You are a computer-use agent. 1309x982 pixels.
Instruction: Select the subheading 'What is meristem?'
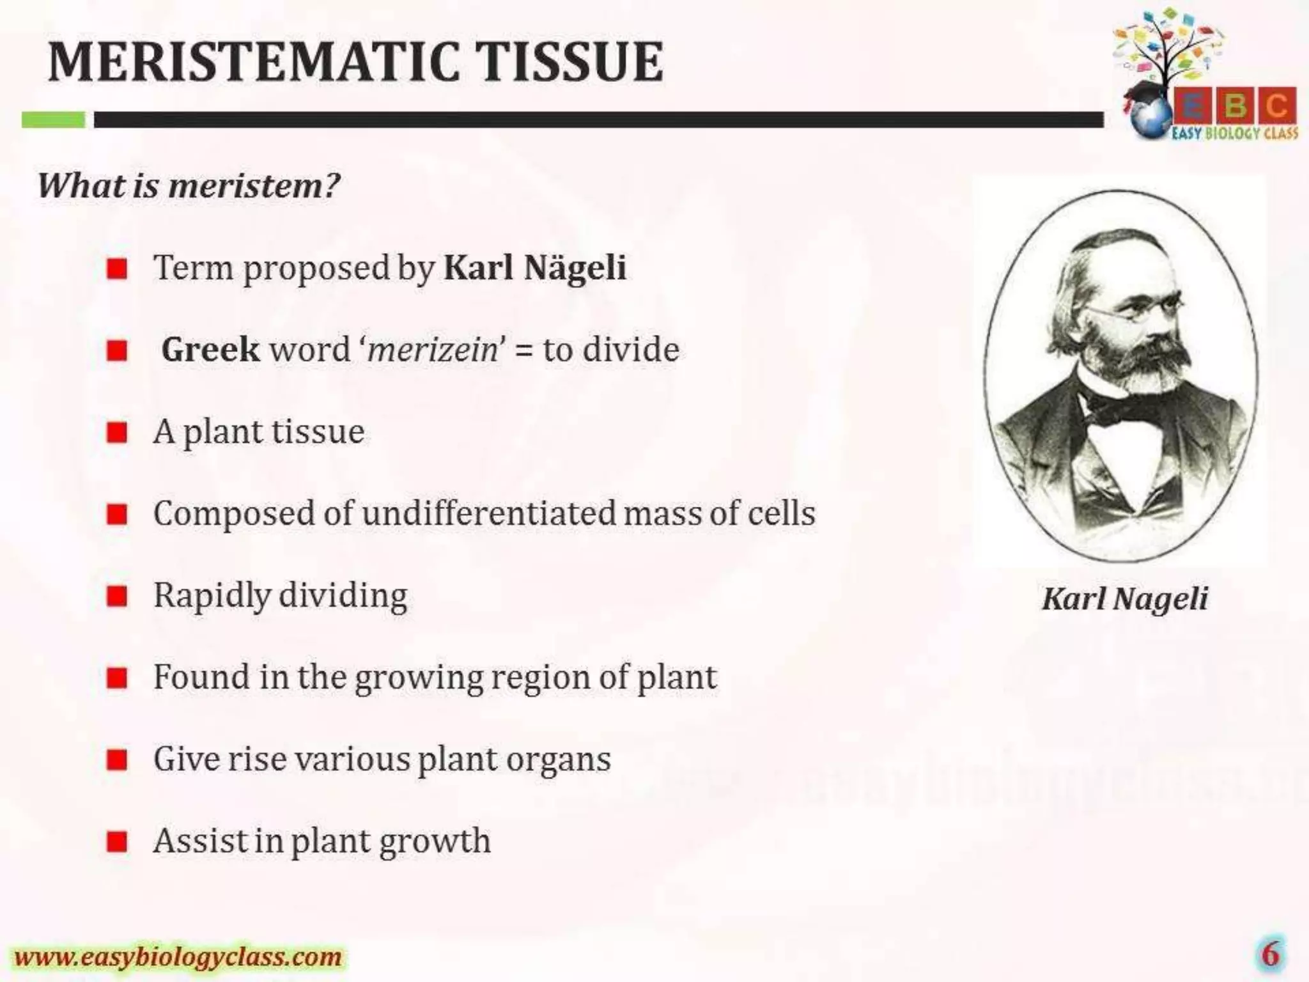pos(189,185)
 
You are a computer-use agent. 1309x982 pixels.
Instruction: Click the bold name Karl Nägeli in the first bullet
pos(534,267)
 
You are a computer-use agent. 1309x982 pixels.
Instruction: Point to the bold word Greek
pos(210,350)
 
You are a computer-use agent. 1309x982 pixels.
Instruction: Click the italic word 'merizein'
pos(433,350)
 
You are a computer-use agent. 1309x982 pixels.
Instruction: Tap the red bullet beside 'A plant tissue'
pos(117,433)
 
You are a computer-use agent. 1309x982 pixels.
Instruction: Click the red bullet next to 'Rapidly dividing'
pos(117,596)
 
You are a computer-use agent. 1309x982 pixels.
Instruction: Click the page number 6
pos(1269,955)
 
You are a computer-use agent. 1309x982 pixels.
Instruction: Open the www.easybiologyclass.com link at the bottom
pos(178,957)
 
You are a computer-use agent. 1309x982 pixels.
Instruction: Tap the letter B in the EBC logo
pos(1235,106)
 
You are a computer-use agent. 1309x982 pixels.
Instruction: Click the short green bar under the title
pos(53,120)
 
